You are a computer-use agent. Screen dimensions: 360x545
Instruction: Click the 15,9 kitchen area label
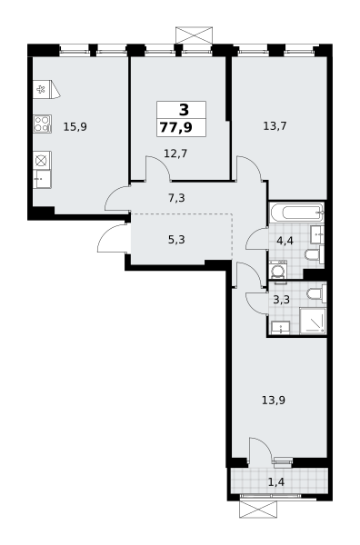coord(75,127)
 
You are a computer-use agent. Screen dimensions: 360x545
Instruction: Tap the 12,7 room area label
coord(175,153)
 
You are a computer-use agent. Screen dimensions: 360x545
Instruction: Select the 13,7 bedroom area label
coord(275,126)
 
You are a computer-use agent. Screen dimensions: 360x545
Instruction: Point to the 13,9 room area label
coord(274,401)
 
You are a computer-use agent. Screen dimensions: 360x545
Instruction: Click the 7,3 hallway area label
coord(176,198)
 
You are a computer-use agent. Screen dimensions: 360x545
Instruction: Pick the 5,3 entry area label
coord(176,240)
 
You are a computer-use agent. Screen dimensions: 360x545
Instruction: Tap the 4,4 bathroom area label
coord(285,241)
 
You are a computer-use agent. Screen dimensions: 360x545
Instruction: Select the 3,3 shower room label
coord(282,300)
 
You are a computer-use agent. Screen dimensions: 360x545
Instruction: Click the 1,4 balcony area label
coord(276,482)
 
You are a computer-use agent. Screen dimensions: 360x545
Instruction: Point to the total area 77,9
coord(176,127)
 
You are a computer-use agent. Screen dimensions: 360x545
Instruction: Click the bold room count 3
coord(184,110)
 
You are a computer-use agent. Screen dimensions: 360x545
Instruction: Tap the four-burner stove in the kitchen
coord(43,124)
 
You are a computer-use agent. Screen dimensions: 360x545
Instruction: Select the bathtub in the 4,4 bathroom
coord(296,212)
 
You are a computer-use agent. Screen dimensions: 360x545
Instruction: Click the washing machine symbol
coord(278,270)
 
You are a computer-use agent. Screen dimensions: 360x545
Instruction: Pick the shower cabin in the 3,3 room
coord(313,322)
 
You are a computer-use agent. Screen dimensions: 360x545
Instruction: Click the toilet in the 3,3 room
coord(316,293)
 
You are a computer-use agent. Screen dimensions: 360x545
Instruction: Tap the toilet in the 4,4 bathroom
coord(315,255)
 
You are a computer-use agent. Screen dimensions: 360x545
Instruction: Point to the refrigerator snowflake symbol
coord(41,89)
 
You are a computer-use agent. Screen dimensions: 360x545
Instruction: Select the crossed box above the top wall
coord(194,35)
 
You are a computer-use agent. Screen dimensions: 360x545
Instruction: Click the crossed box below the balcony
coord(258,510)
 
